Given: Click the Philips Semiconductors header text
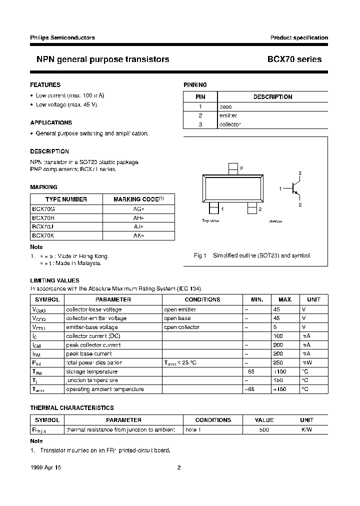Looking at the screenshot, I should [62, 37].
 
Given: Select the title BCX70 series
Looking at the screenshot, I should [294, 59].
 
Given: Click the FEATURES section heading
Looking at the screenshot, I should [45, 85].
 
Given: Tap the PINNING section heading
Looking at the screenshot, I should [195, 85].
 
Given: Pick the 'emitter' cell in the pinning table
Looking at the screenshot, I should [228, 115].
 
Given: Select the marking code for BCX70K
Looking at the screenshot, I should [138, 235].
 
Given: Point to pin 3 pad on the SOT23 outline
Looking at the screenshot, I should [232, 168].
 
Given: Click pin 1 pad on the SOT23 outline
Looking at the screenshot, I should [213, 207].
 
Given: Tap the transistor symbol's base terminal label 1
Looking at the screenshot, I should [281, 188].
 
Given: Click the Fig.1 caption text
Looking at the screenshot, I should [252, 255].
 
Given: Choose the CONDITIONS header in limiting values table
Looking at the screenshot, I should [202, 299].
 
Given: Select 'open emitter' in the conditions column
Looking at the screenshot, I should [180, 309].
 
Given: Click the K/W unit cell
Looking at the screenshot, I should [306, 429].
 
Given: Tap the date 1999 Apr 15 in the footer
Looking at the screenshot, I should [46, 467].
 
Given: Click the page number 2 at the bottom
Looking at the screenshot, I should [178, 467].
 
